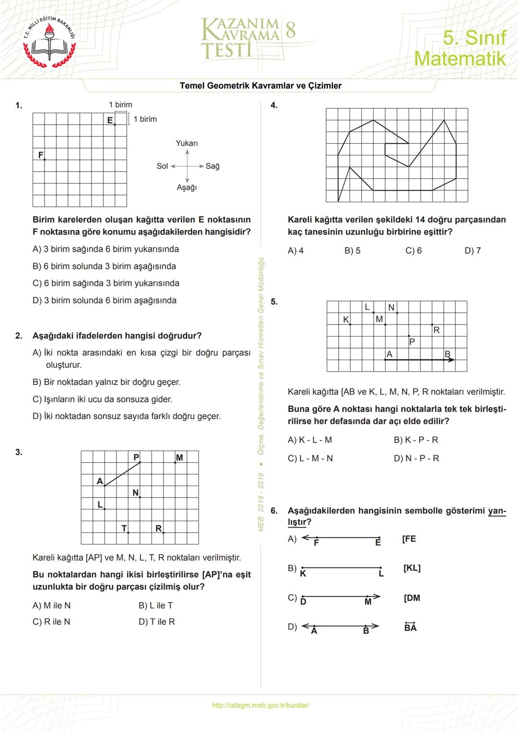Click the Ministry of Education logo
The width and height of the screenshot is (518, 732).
(x=50, y=42)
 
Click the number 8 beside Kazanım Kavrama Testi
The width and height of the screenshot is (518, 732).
(x=290, y=30)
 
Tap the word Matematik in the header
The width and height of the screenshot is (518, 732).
(x=459, y=58)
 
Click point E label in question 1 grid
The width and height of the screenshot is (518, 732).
(x=110, y=120)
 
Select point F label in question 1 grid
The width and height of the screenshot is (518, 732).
(x=41, y=155)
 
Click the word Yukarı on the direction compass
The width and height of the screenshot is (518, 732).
(x=187, y=143)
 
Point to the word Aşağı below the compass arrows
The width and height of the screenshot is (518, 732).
(x=187, y=187)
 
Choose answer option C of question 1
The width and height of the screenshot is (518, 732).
(x=106, y=283)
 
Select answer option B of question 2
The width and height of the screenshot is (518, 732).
(x=106, y=382)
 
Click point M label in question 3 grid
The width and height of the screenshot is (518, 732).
(x=179, y=458)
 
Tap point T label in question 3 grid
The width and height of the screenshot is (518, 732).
(x=124, y=528)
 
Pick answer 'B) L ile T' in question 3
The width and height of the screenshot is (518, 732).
(x=155, y=605)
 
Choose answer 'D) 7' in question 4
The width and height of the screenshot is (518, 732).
(x=472, y=251)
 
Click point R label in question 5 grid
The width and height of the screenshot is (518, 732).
(x=436, y=330)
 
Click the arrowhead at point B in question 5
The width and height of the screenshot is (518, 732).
(x=451, y=360)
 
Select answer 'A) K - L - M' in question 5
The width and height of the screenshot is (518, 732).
(x=310, y=440)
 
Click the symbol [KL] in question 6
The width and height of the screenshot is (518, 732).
(x=412, y=568)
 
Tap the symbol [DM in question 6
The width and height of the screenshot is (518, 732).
(x=412, y=598)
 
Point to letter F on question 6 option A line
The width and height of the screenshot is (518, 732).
(x=316, y=543)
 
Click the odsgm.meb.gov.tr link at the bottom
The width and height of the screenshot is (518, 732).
(x=260, y=705)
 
